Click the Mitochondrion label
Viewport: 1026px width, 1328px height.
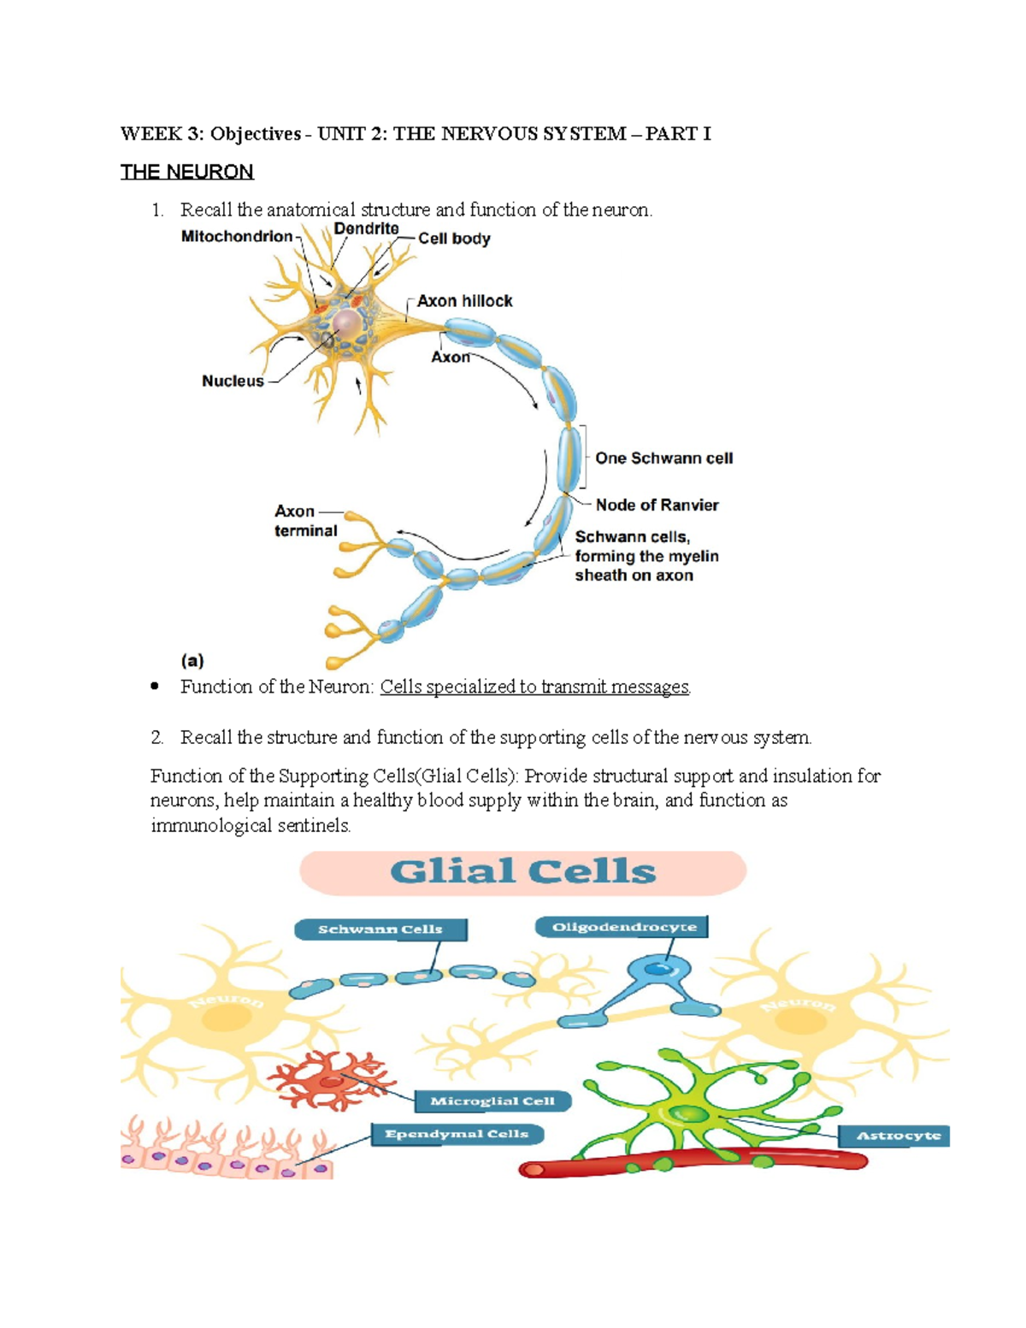click(x=236, y=236)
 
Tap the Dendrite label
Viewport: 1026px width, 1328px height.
click(x=366, y=228)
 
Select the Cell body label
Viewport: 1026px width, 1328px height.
click(x=454, y=239)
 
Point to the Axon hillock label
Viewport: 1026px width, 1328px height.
click(x=464, y=301)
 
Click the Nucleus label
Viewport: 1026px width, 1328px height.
click(x=233, y=381)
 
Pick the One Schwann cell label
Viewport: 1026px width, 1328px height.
click(x=663, y=458)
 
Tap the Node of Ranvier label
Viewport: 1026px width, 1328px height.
click(x=657, y=505)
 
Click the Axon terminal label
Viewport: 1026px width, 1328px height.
click(x=305, y=521)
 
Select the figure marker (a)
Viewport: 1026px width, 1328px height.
click(x=192, y=660)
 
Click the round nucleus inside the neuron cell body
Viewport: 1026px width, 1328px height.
click(x=347, y=324)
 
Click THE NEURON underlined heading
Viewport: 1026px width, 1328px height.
click(x=186, y=172)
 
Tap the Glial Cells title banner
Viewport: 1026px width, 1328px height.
click(x=522, y=872)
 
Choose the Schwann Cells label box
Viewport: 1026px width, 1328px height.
click(x=380, y=930)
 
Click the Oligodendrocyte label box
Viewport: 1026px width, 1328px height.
click(x=623, y=927)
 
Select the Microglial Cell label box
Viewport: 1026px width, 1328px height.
click(x=492, y=1101)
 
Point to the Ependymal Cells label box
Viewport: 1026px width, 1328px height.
click(x=457, y=1134)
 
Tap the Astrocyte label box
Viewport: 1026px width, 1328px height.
click(x=898, y=1136)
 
